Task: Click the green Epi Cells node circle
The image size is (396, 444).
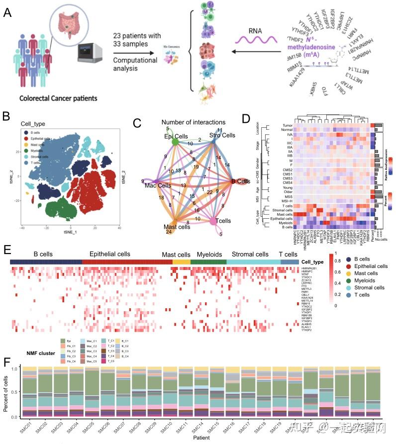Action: tap(175, 142)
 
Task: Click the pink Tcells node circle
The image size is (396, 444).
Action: tap(214, 220)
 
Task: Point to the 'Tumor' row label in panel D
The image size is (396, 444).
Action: tap(285, 126)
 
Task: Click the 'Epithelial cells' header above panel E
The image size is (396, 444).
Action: tap(109, 254)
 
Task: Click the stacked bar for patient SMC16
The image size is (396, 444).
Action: tap(232, 393)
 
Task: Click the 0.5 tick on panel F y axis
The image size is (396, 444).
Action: tap(20, 393)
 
